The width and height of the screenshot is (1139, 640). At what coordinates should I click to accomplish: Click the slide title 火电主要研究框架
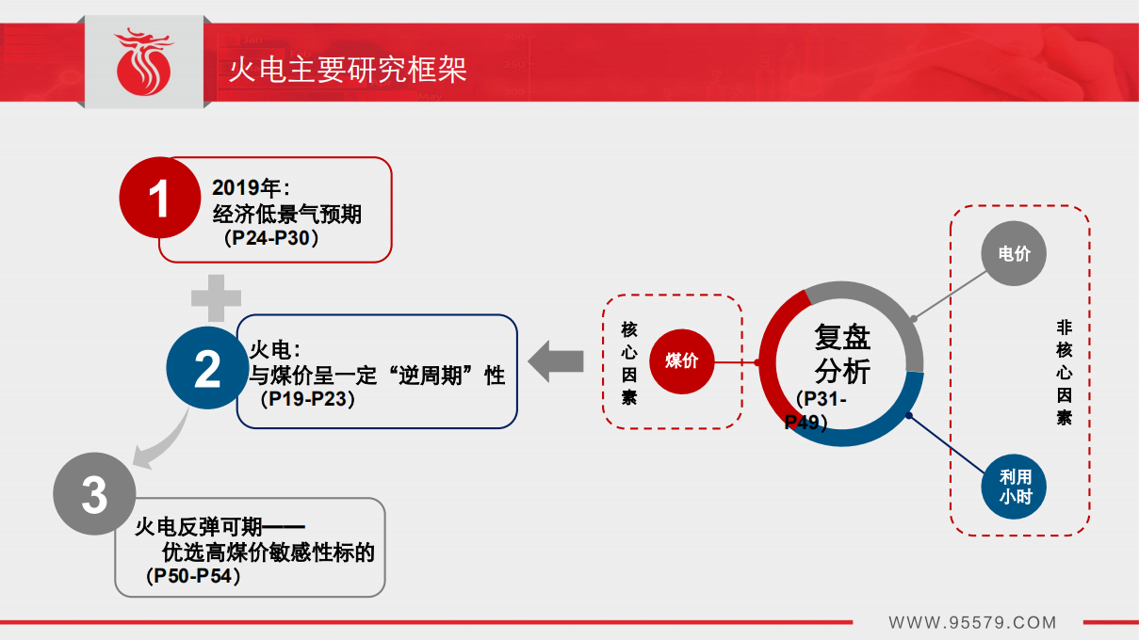(x=348, y=69)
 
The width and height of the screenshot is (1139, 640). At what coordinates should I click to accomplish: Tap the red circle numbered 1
(x=160, y=199)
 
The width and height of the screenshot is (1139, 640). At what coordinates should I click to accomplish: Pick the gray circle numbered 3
(x=94, y=494)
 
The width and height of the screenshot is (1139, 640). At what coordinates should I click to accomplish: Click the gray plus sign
(x=217, y=299)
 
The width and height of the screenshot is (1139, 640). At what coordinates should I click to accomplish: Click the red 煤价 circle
(x=681, y=360)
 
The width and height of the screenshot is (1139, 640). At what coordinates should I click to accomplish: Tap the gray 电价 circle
(x=1014, y=253)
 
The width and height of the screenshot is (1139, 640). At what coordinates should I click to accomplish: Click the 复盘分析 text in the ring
(x=842, y=354)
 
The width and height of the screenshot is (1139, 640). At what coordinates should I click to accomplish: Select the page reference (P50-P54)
(x=194, y=576)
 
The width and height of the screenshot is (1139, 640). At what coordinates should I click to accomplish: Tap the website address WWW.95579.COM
(x=972, y=622)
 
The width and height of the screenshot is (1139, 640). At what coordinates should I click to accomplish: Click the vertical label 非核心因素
(x=1064, y=372)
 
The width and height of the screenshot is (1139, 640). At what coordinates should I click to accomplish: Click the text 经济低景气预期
(x=286, y=215)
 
